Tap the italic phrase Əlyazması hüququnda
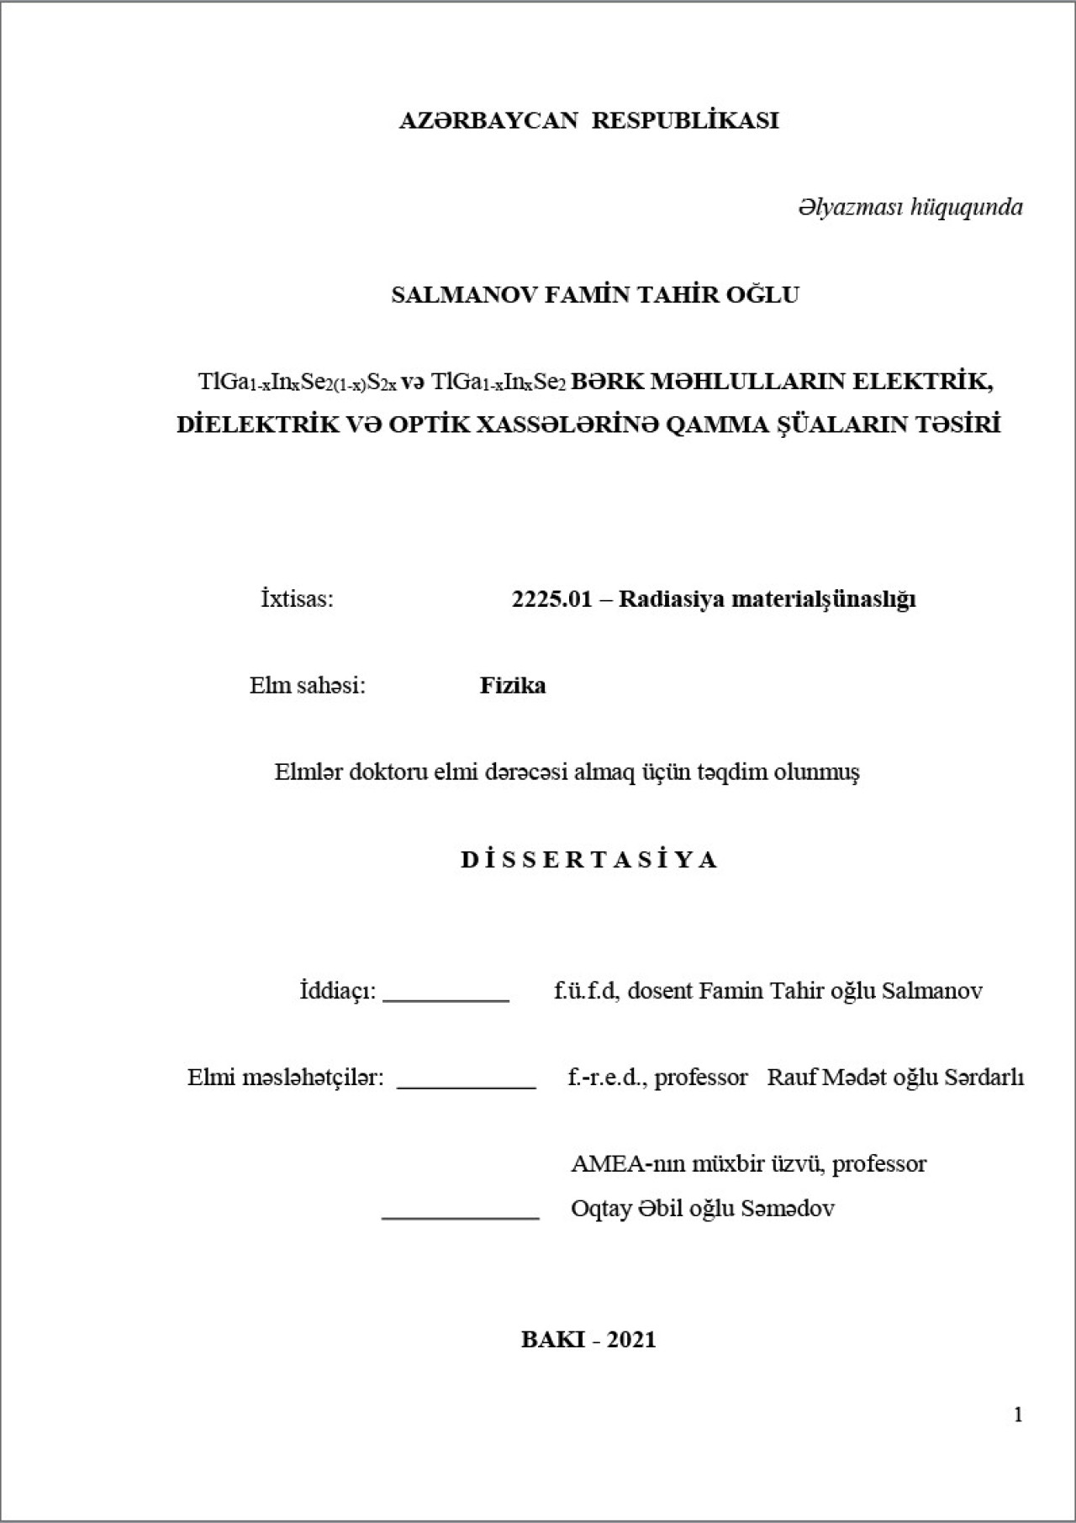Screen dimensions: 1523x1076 pos(910,207)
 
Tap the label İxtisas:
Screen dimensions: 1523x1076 pos(297,599)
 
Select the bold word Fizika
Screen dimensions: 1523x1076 pos(513,686)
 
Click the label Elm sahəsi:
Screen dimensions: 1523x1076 pos(308,686)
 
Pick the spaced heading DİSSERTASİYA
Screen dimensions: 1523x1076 pos(588,860)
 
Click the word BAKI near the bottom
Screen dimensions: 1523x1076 pos(552,1340)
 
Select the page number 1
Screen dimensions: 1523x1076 pos(1018,1415)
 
